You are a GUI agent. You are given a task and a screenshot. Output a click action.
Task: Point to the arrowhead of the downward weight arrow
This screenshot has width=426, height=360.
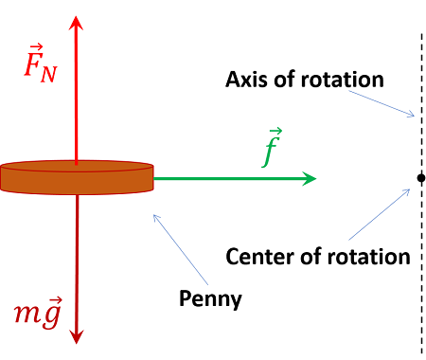pos(77,336)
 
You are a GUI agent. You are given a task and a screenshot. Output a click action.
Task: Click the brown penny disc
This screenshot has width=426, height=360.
pos(77,177)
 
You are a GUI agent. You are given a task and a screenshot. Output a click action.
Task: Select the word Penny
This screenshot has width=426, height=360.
pos(210,301)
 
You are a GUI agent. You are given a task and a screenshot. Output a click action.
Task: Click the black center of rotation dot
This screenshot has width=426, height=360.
pos(419,177)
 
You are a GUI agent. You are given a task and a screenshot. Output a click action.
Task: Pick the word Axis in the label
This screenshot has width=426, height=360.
pos(245,79)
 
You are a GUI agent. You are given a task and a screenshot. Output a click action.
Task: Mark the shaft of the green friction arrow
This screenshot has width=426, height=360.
pos(227,177)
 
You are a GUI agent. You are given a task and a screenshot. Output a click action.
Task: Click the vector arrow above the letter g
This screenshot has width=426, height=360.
pos(54,297)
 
